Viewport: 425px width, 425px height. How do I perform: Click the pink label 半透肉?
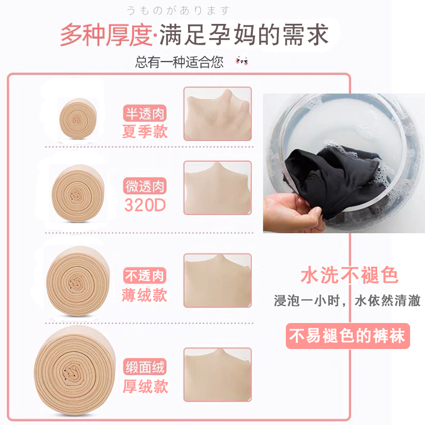coord(145,114)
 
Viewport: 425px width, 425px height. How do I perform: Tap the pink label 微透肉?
coord(145,186)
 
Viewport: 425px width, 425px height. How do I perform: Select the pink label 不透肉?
coord(145,276)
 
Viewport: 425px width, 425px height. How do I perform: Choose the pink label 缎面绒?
coord(145,367)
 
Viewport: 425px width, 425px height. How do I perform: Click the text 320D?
coord(145,205)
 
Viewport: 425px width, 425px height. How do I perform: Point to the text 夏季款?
coord(145,131)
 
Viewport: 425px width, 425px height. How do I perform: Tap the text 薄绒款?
coord(145,294)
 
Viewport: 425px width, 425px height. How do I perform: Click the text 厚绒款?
coord(145,386)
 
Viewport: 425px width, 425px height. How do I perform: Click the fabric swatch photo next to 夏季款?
coord(217,114)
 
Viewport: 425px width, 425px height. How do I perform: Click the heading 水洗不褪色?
coord(349,276)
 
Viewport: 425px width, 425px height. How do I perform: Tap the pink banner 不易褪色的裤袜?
coord(348,335)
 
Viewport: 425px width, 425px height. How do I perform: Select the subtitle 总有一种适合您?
coord(180,62)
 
